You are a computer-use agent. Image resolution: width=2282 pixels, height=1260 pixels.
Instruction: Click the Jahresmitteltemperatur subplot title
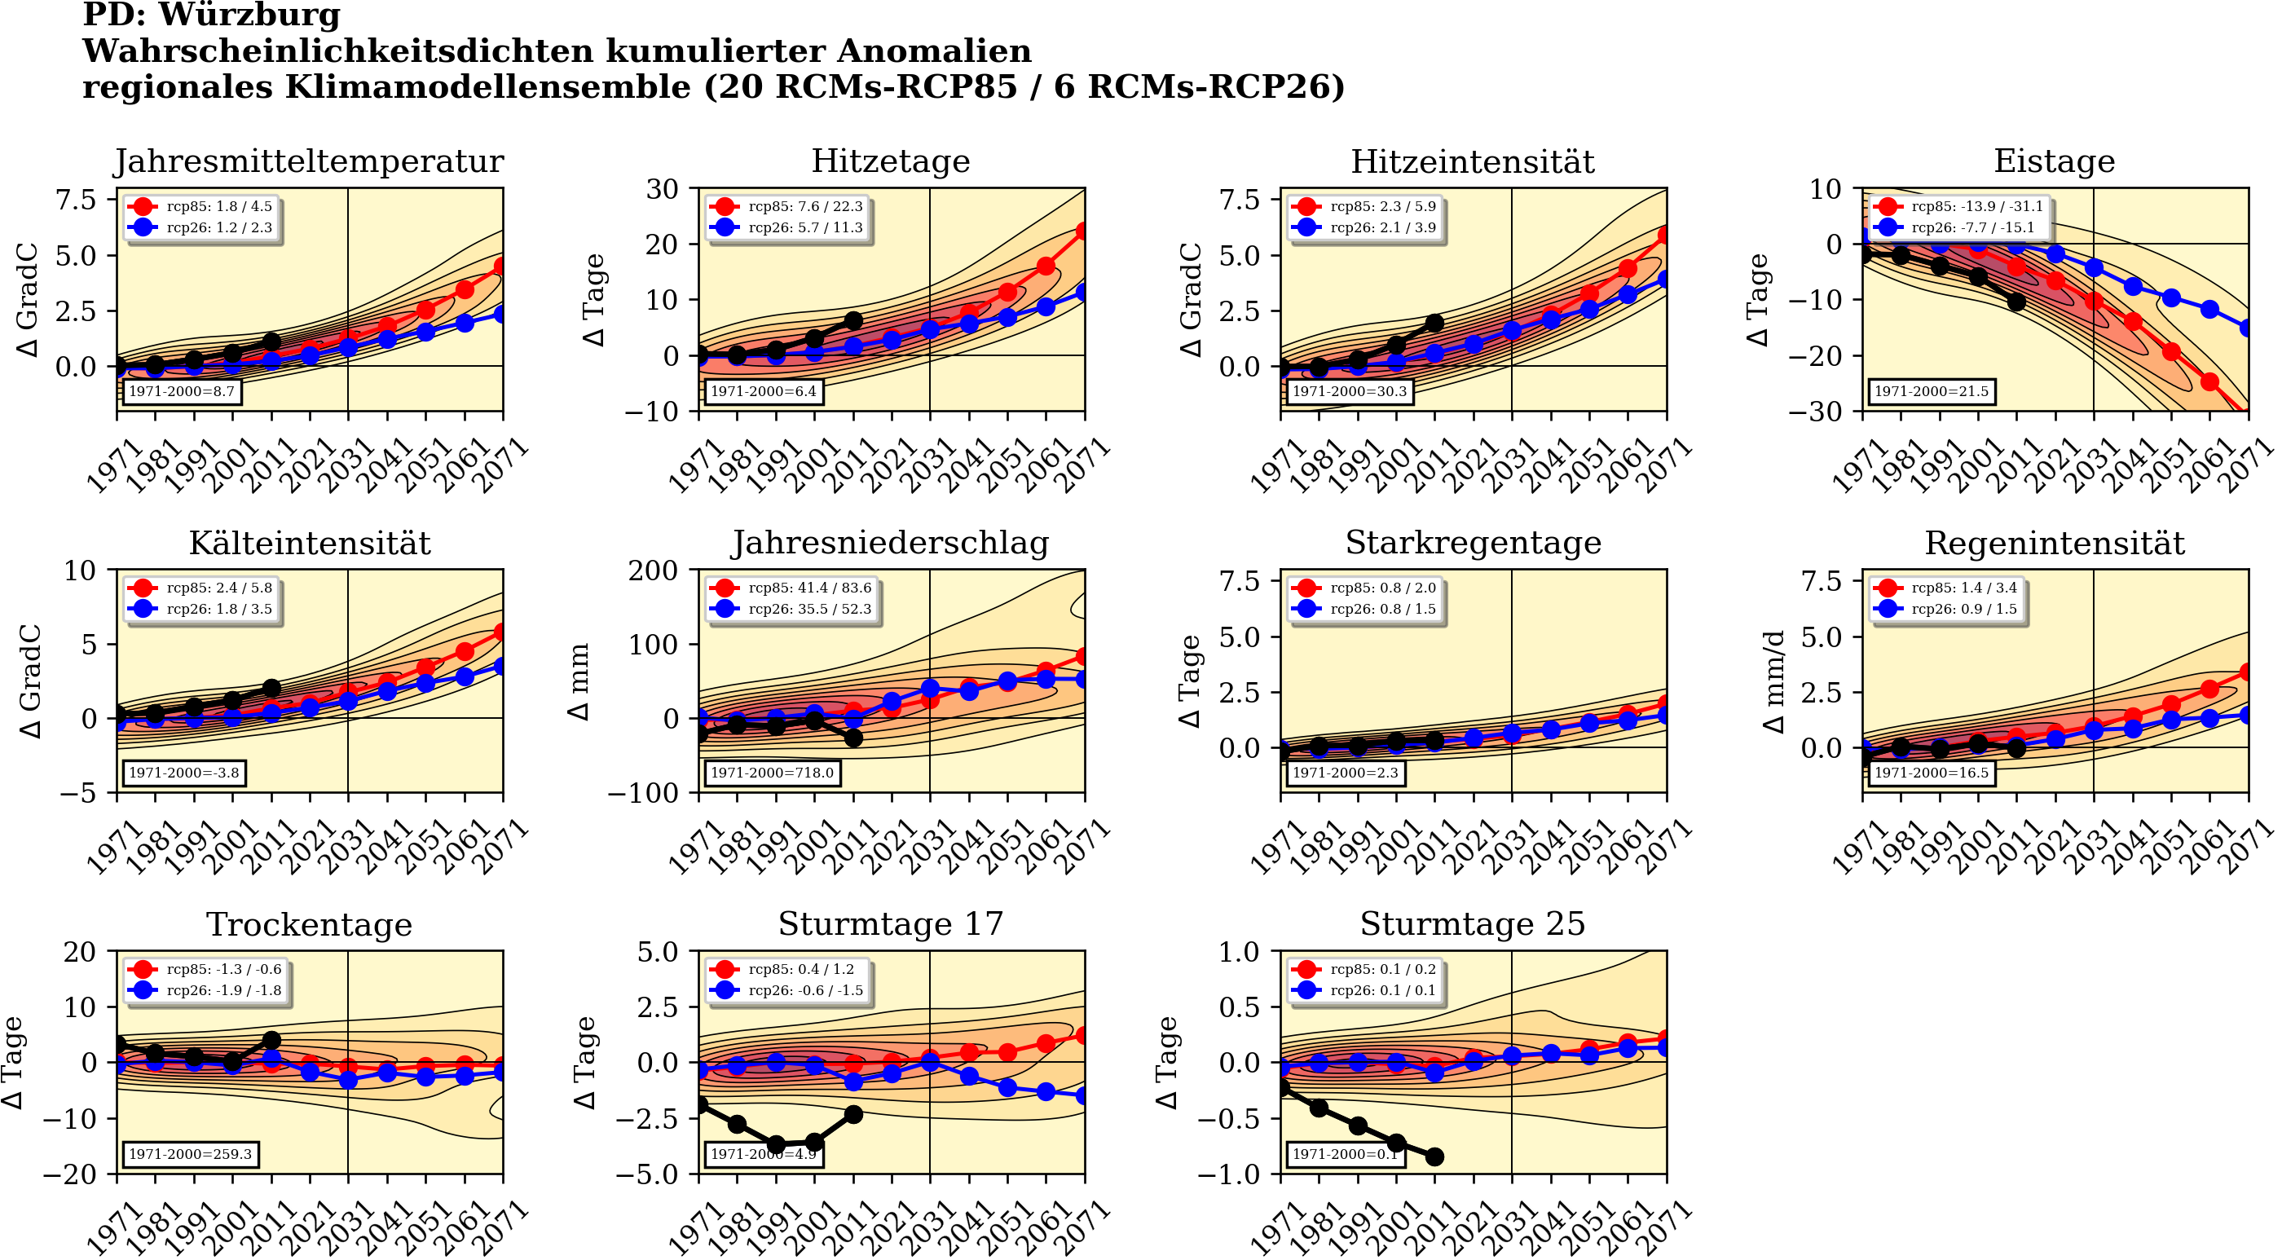tap(308, 161)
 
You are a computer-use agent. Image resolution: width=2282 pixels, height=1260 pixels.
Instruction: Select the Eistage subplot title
tap(2054, 161)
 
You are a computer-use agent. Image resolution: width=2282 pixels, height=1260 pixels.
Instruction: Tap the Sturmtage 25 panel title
tap(1473, 924)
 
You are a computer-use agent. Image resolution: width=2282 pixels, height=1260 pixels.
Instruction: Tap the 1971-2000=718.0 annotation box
tap(772, 773)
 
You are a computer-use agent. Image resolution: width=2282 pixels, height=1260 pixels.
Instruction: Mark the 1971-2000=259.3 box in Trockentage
tap(191, 1155)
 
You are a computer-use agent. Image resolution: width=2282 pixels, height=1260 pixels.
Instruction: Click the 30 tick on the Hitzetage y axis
tap(662, 189)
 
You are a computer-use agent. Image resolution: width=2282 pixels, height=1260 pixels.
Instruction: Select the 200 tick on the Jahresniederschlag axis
tap(653, 571)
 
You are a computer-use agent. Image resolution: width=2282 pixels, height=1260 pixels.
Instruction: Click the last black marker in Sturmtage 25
tap(1435, 1157)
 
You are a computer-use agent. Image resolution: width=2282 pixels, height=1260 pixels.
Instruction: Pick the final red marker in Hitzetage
tap(1083, 231)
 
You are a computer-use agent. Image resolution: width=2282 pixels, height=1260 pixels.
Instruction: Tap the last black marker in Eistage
tap(2016, 302)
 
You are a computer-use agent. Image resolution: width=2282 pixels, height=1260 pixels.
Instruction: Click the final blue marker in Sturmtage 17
tap(1083, 1096)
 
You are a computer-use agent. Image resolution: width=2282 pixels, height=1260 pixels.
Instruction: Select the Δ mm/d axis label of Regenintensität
tap(1774, 681)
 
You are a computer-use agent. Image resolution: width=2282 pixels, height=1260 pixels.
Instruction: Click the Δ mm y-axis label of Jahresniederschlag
tap(579, 681)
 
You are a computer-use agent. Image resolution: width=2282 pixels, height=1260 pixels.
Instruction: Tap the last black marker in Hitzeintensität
tap(1435, 324)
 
